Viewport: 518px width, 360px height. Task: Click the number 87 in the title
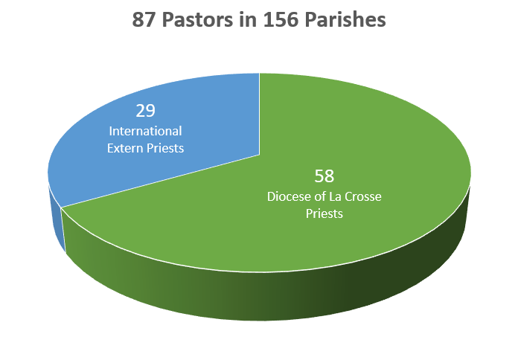144,19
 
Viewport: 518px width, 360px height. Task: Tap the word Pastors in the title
197,19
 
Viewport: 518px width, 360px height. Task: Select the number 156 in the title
281,19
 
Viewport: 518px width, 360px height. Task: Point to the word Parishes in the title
345,19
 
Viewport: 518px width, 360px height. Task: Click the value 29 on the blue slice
145,111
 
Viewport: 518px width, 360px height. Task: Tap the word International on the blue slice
145,131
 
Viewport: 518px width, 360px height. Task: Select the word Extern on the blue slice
125,148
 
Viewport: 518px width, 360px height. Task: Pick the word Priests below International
165,148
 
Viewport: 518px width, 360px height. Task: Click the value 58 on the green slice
324,176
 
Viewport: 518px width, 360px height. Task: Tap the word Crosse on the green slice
363,196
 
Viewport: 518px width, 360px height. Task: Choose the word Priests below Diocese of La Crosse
324,213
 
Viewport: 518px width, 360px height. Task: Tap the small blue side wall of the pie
57,218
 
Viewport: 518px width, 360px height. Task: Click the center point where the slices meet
259,155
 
